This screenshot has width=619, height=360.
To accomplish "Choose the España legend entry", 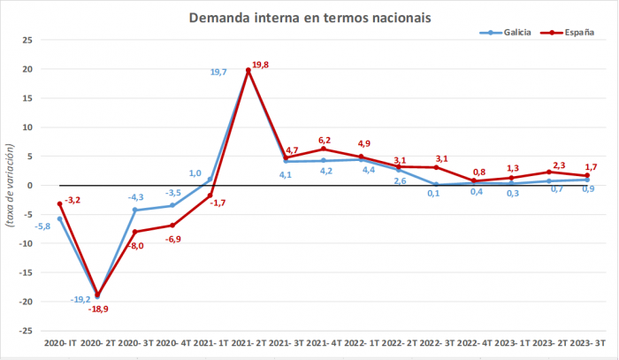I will pos(573,33).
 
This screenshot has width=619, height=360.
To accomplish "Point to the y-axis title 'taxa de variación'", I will pos(11,187).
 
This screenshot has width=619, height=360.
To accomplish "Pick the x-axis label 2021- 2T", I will pos(248,341).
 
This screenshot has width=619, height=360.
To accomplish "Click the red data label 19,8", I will pos(262,65).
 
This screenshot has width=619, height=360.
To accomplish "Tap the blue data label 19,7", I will pos(219,72).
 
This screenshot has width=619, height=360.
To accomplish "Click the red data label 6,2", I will pos(325,140).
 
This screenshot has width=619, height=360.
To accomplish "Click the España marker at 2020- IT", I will pos(59,204).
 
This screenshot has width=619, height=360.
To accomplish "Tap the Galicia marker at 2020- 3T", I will pos(134,211).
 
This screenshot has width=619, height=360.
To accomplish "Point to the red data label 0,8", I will pos(478,172).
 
